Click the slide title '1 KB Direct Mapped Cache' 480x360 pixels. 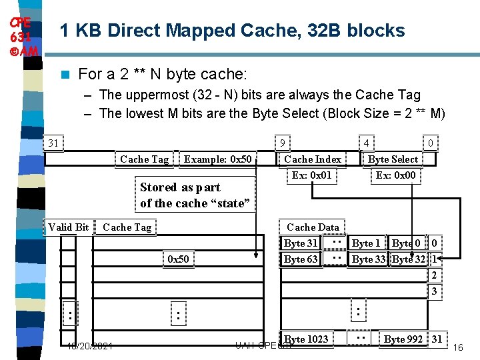[x=232, y=31]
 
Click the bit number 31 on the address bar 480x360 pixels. [x=53, y=142]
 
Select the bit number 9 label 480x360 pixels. [x=283, y=142]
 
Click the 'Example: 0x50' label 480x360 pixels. [x=218, y=159]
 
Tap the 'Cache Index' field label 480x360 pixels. [x=312, y=159]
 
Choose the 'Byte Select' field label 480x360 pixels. [x=393, y=159]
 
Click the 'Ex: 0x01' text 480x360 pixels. [x=311, y=175]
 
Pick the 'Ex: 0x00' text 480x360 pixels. [x=395, y=175]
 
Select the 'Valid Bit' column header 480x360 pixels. [x=68, y=227]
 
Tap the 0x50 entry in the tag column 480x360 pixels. [x=178, y=259]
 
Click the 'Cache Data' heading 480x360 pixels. [x=313, y=227]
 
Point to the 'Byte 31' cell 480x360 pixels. [x=301, y=243]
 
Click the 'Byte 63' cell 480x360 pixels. [x=301, y=259]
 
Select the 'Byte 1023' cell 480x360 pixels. [x=306, y=339]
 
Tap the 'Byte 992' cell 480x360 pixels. [x=403, y=339]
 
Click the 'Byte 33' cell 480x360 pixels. [x=369, y=259]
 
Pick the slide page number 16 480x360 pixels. [x=458, y=348]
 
